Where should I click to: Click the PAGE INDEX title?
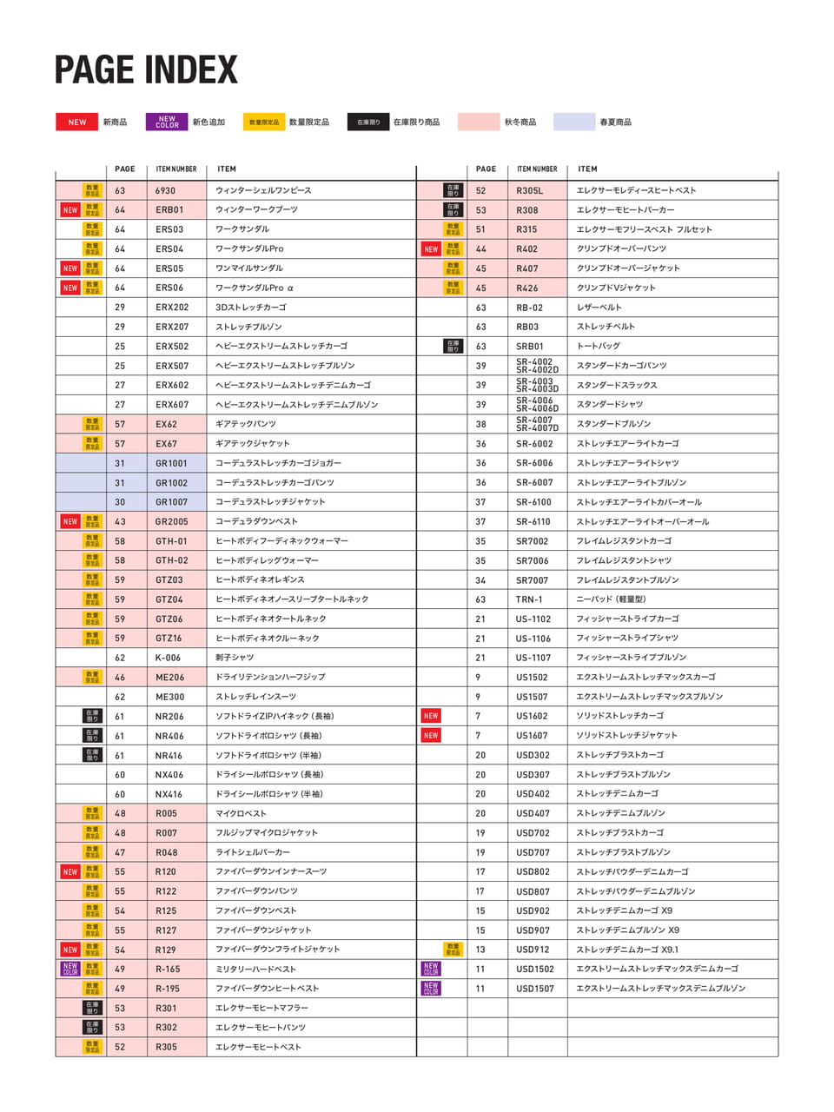point(146,70)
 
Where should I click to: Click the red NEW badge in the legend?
point(76,122)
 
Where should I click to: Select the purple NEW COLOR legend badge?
point(167,122)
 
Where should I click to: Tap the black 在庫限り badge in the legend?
point(368,122)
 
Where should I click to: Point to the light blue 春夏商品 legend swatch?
point(573,122)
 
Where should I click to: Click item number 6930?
point(165,190)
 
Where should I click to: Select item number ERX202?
point(172,308)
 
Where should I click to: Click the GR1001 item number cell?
point(171,463)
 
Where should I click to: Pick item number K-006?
point(168,658)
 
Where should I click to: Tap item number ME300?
point(169,697)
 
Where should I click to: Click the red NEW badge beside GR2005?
point(70,521)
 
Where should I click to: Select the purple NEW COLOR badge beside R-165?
point(70,969)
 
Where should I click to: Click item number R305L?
point(529,190)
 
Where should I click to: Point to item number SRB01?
point(529,347)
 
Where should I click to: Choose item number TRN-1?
point(529,599)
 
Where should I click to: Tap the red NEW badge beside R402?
point(431,249)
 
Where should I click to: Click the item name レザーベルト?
point(599,308)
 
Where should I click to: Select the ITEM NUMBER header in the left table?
point(176,169)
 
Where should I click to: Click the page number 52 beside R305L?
point(480,190)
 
